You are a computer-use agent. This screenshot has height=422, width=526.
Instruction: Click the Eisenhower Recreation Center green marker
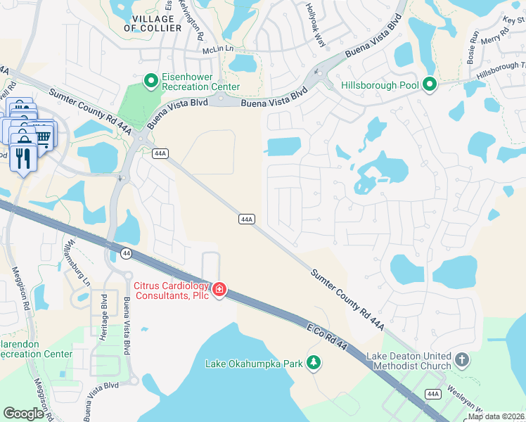[150, 82]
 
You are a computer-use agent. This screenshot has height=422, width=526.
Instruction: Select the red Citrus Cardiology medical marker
[219, 289]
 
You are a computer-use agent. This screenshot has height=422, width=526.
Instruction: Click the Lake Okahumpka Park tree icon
[314, 363]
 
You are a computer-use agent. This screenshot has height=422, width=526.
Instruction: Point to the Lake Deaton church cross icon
[461, 360]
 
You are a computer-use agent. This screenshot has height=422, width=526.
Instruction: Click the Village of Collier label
[149, 23]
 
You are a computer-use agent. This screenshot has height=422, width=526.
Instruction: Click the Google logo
[24, 414]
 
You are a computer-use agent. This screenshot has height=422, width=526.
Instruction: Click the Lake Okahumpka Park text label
[252, 364]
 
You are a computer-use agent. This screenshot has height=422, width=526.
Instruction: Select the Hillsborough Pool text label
[380, 85]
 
